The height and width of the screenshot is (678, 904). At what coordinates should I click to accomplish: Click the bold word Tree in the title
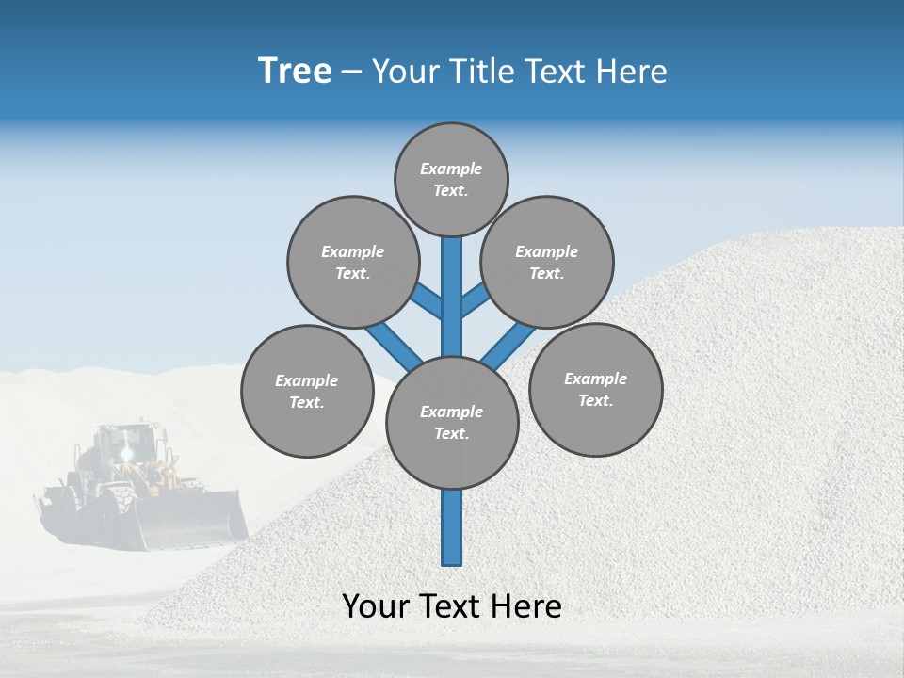(x=295, y=71)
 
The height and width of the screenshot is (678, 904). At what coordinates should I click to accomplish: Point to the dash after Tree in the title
(x=352, y=73)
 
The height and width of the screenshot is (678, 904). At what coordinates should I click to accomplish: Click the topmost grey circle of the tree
(x=451, y=179)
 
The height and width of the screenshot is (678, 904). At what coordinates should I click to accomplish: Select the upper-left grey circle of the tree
(x=353, y=262)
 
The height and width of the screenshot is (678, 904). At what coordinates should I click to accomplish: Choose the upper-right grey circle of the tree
(x=547, y=262)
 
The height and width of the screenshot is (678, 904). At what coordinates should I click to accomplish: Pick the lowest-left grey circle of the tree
(x=307, y=391)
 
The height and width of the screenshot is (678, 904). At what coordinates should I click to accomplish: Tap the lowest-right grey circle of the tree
(x=595, y=389)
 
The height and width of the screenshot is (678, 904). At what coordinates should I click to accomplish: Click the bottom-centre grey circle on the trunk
(x=452, y=422)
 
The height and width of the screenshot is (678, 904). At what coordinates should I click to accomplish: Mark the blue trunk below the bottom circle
(x=452, y=527)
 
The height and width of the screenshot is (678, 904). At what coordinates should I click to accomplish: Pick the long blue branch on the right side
(x=509, y=344)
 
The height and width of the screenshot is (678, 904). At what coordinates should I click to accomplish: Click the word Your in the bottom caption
(x=376, y=606)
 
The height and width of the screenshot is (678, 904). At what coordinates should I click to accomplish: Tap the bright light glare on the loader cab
(x=126, y=453)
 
